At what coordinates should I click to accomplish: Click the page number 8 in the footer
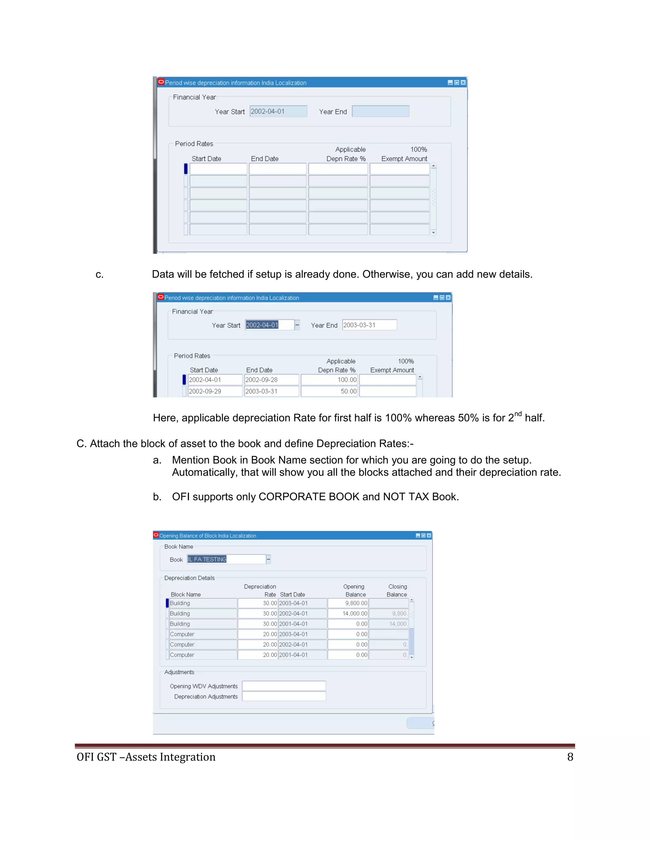(x=570, y=757)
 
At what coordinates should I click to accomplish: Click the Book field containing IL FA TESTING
(x=226, y=559)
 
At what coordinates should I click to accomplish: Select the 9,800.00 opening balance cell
(x=348, y=603)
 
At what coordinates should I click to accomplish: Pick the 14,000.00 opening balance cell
(x=348, y=614)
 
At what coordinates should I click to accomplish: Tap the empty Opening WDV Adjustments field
(x=284, y=686)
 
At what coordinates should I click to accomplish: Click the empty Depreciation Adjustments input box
(x=284, y=696)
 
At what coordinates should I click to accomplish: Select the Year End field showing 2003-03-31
(x=369, y=325)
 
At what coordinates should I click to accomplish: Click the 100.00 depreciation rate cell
(x=329, y=380)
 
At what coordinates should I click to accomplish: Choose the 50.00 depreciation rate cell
(x=329, y=391)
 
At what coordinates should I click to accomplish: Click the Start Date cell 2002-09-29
(x=215, y=391)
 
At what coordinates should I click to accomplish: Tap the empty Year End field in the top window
(x=381, y=111)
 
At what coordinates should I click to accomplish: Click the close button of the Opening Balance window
(x=428, y=536)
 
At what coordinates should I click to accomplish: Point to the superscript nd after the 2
(x=518, y=414)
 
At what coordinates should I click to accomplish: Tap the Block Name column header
(x=186, y=594)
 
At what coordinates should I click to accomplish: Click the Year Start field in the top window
(x=278, y=111)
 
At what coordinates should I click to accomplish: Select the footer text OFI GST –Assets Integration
(x=146, y=757)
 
